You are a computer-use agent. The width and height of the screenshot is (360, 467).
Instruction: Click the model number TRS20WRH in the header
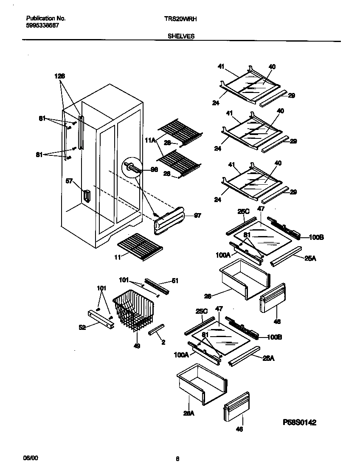coord(180,19)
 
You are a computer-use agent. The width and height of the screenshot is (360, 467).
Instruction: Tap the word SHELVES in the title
coord(181,37)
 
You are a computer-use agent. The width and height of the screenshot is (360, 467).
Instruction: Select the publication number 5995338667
coord(42,25)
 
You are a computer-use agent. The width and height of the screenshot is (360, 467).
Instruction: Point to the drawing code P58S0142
coord(299,422)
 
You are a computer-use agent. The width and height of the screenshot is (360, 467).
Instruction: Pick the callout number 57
coord(69,181)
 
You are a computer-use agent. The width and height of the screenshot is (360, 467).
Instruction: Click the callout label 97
coord(197,216)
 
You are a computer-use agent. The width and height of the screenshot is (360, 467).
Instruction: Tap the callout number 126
coord(59,76)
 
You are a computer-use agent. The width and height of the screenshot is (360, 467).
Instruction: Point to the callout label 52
coord(82,327)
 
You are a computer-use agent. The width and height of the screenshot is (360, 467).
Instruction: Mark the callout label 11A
coord(149,139)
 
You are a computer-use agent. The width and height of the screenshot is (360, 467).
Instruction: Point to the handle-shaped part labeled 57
coord(87,196)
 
